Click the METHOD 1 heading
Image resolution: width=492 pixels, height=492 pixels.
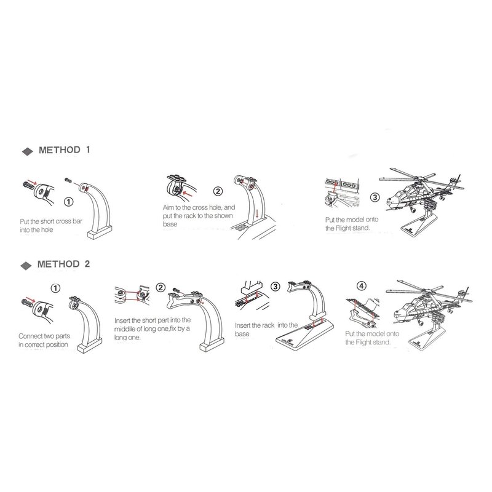(65, 150)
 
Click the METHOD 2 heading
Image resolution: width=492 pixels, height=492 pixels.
(63, 264)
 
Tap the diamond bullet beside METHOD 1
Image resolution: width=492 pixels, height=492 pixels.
(28, 151)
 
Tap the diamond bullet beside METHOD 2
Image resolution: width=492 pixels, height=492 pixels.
(26, 266)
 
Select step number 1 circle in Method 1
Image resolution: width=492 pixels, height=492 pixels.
(68, 202)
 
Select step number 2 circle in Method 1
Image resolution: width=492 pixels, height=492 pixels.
(218, 191)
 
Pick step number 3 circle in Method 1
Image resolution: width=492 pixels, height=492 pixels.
(375, 197)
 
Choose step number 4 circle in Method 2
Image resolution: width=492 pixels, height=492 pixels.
(362, 286)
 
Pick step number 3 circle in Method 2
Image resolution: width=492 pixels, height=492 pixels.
(275, 287)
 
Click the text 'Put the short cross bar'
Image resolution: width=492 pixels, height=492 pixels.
(51, 221)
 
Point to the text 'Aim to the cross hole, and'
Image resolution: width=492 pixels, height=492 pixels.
(199, 207)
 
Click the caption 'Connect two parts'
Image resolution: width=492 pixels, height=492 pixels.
(44, 336)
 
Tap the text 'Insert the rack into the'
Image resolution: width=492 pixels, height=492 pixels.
(266, 325)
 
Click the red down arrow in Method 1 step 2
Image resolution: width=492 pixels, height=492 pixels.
(257, 214)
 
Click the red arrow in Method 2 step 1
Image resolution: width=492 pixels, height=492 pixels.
(30, 299)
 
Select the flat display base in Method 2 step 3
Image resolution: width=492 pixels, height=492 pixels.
(304, 335)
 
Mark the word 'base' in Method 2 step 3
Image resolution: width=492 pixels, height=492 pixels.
(242, 334)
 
